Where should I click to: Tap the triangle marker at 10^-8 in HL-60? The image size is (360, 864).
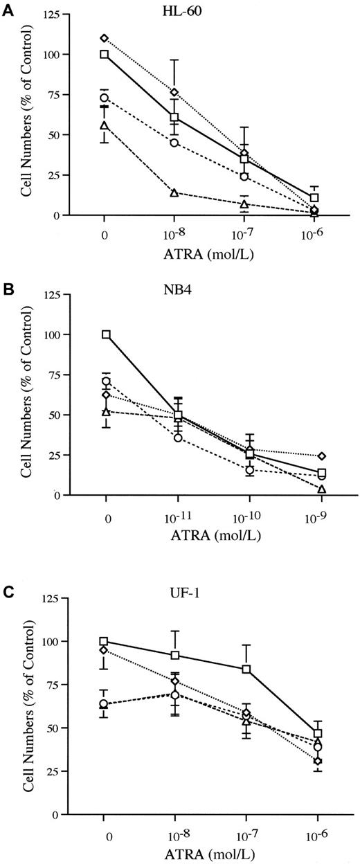[174, 192]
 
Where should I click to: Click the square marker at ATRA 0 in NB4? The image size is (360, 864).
[106, 334]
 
